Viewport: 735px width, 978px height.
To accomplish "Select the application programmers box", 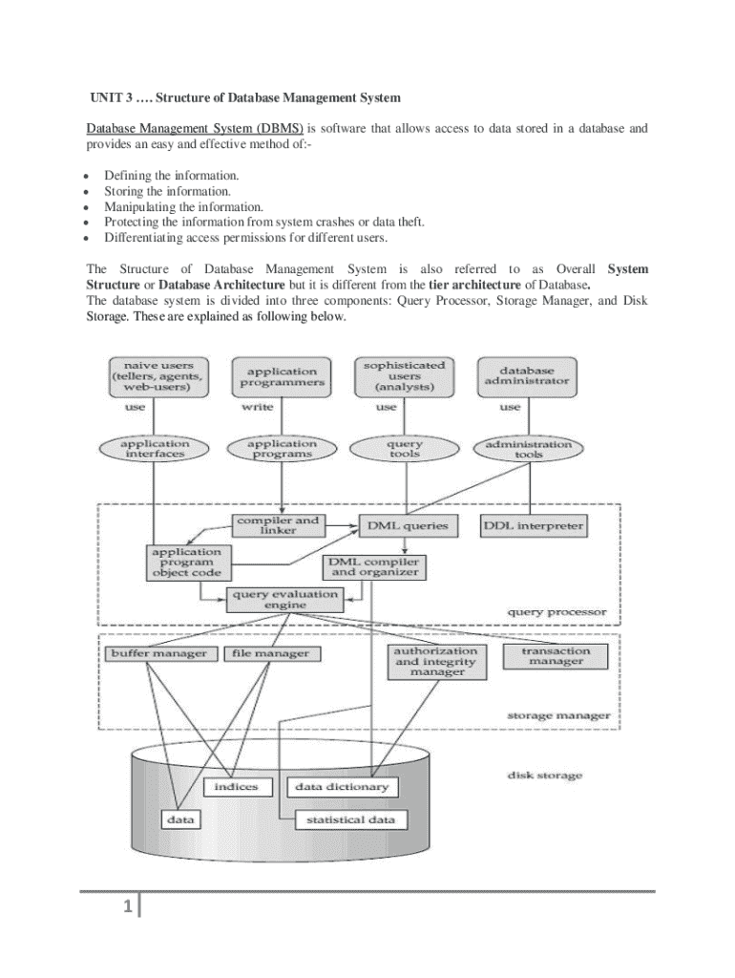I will click(282, 377).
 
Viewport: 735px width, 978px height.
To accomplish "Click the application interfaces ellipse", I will click(155, 448).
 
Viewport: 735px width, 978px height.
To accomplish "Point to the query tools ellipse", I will click(405, 449).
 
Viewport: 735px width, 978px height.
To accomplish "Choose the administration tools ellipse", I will click(528, 448).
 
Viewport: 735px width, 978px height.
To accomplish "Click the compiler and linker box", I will click(279, 526).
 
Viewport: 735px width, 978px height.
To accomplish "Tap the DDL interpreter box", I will click(534, 526).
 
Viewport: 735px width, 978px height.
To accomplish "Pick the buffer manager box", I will click(157, 654).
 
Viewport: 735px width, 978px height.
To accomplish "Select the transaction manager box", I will click(556, 656).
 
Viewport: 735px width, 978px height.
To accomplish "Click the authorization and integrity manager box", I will click(436, 661).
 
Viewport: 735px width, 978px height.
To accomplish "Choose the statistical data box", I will click(350, 820).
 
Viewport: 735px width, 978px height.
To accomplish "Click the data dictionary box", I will click(342, 788).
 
